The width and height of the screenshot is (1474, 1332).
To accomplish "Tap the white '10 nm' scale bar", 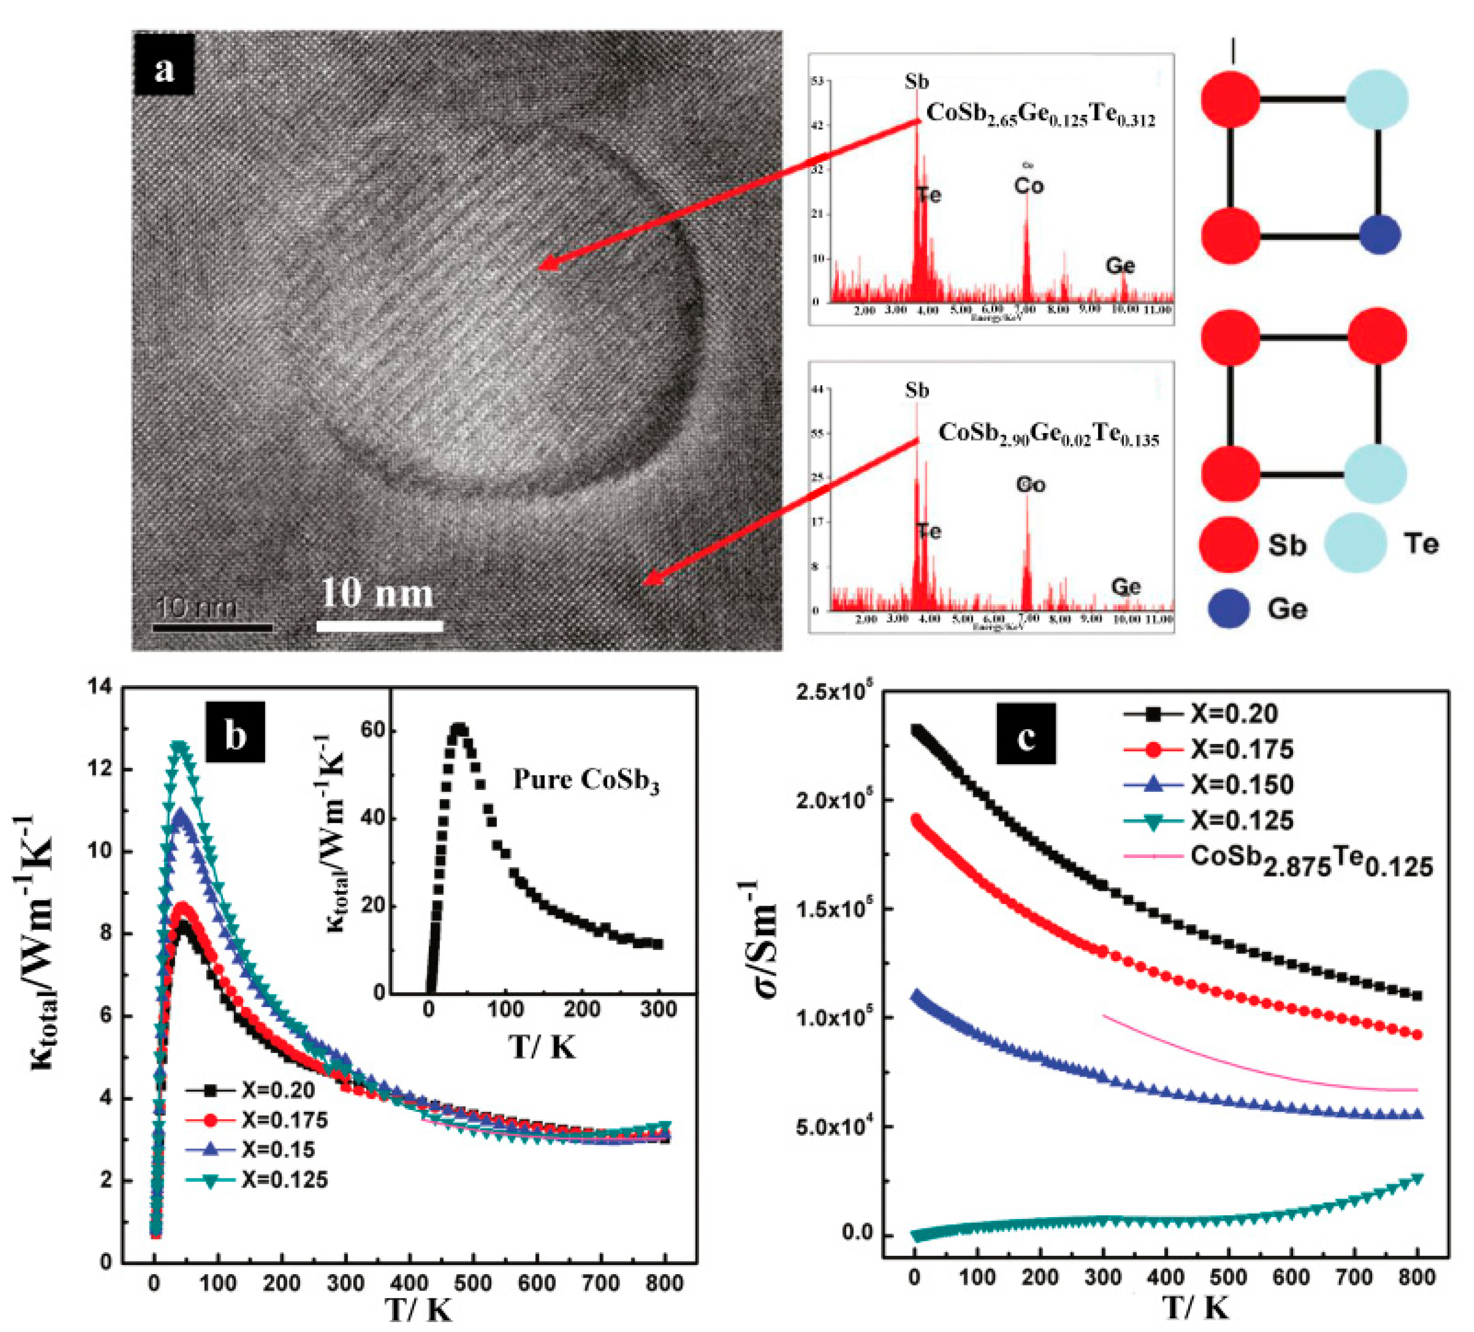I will pos(379,626).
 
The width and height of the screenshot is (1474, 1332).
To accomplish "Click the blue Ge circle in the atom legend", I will pos(1228,608).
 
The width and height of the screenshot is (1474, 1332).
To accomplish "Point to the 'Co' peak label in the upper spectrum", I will pos(1029,186).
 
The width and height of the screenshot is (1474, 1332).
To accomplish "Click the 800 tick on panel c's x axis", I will pos(1416,1277).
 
